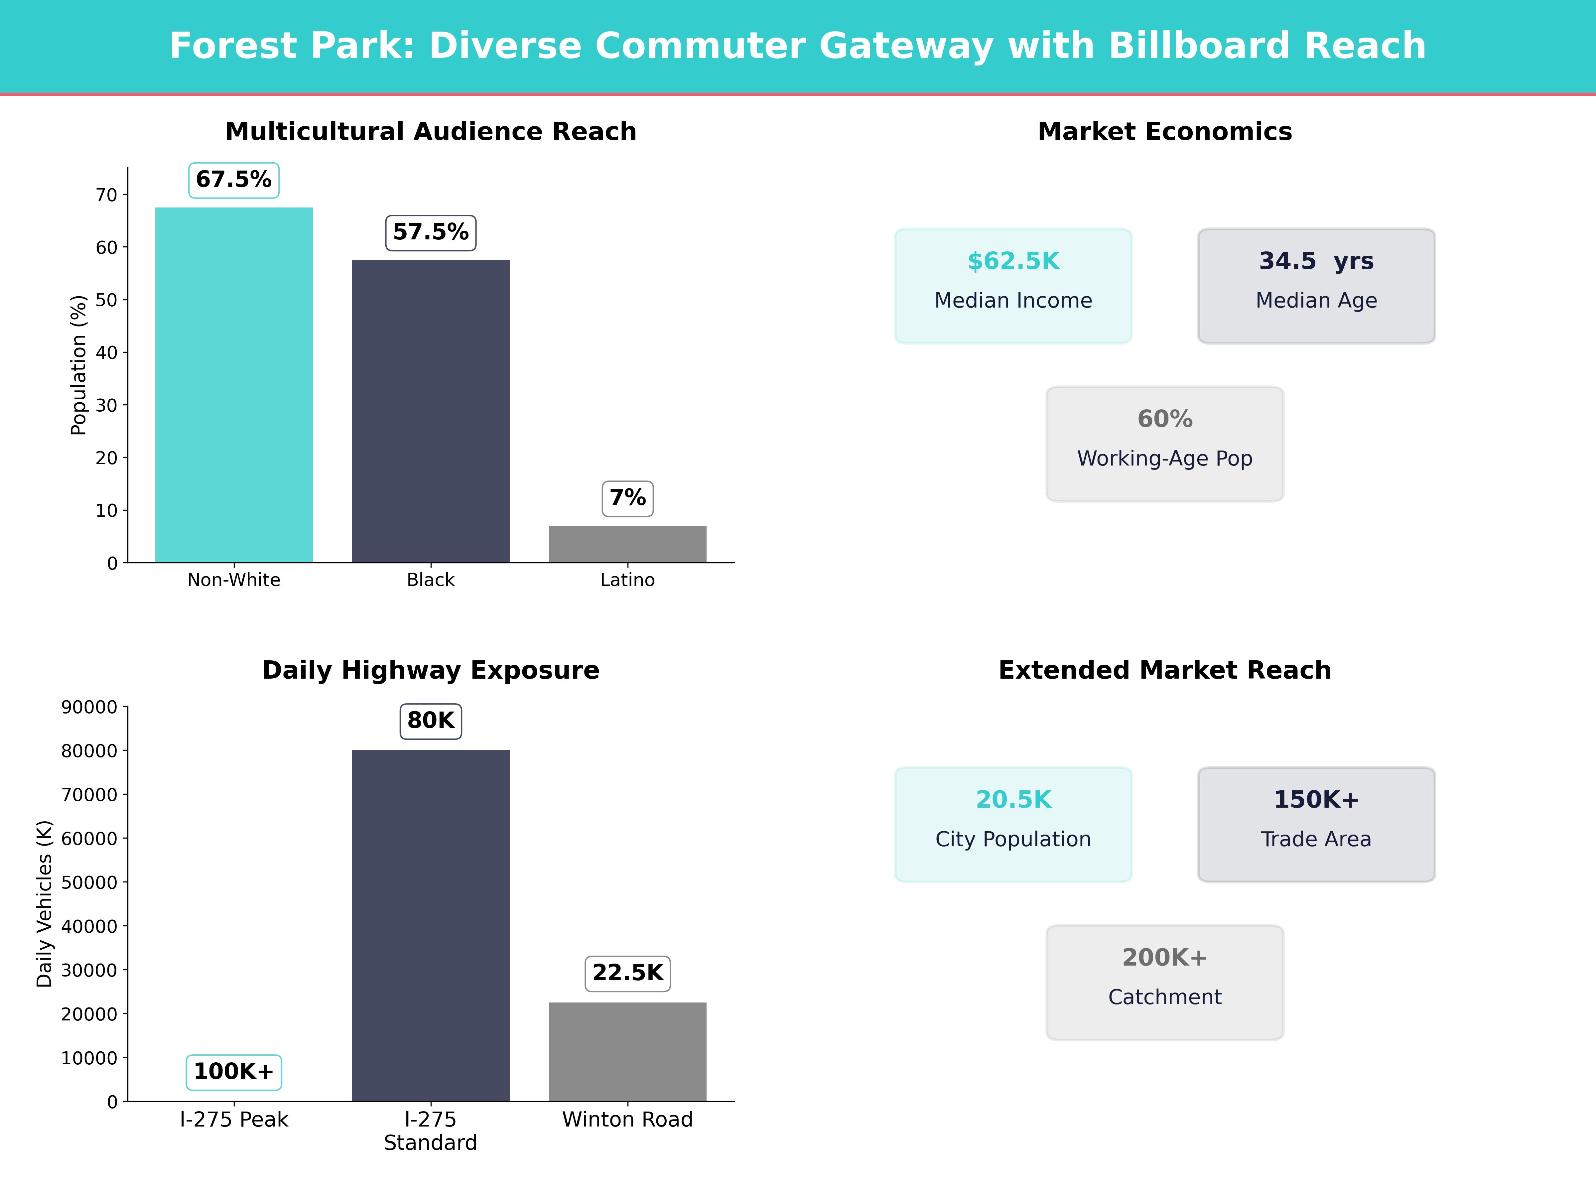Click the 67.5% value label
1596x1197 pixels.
tap(234, 180)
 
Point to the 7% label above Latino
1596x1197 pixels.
tap(628, 498)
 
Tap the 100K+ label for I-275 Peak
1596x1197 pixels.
tap(234, 1071)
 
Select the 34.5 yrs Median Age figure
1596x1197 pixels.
tap(1316, 261)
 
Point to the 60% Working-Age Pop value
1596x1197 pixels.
tap(1164, 419)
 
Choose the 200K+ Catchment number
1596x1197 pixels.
tap(1164, 958)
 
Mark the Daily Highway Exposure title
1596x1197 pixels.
tap(431, 670)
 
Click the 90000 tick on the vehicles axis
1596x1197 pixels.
tap(89, 707)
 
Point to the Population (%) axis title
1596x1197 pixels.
tap(78, 365)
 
